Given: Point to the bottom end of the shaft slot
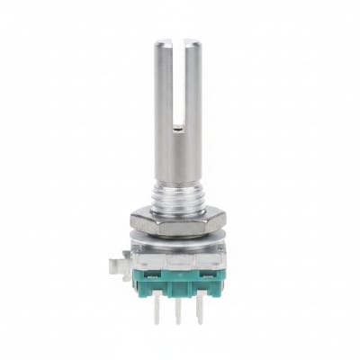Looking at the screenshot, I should click(x=177, y=128).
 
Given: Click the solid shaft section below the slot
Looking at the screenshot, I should click(x=177, y=157).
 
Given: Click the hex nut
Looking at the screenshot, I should click(x=177, y=219).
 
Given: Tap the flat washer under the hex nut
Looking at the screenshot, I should click(x=177, y=236).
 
